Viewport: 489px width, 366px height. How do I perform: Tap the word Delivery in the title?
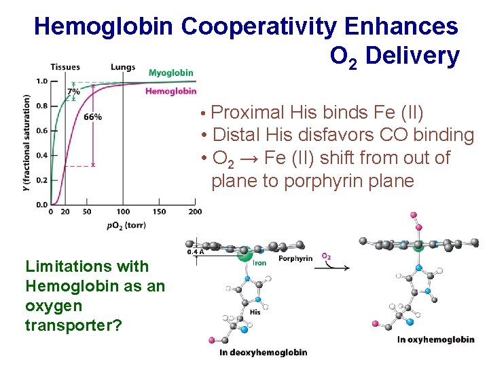(x=413, y=56)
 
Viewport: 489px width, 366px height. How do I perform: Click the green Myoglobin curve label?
(x=170, y=73)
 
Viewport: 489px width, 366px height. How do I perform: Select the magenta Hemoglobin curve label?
(x=170, y=91)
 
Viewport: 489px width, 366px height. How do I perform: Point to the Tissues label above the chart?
(x=65, y=67)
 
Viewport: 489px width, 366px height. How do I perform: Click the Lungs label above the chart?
(x=122, y=67)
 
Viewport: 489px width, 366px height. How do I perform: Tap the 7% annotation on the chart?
(x=73, y=91)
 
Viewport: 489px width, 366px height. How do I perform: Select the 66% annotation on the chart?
(x=92, y=117)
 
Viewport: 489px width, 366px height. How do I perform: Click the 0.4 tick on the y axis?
(x=41, y=155)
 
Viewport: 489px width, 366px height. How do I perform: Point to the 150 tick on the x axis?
(x=158, y=212)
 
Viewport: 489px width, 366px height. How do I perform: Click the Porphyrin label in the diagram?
(x=295, y=258)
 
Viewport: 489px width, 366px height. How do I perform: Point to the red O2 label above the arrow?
(x=327, y=256)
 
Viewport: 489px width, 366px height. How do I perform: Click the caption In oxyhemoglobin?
(x=435, y=339)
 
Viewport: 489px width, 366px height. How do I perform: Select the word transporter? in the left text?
(x=73, y=325)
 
